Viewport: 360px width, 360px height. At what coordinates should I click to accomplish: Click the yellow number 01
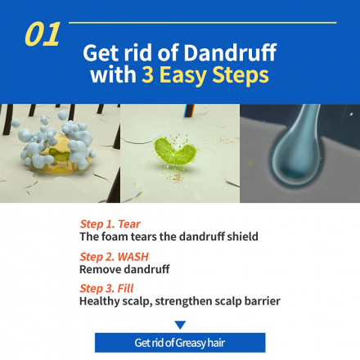43,34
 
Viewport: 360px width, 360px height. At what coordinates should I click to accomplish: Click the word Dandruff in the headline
230,52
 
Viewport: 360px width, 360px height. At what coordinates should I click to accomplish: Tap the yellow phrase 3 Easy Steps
205,74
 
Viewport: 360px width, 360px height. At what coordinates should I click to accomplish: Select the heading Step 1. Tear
110,224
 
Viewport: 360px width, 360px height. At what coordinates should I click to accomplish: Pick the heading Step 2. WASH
115,257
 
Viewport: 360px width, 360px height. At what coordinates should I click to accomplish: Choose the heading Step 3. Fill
106,288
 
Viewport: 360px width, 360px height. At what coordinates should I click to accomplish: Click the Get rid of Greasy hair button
180,343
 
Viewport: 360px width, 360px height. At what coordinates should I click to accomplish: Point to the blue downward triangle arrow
180,325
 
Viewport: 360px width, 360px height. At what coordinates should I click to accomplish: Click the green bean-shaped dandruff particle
174,151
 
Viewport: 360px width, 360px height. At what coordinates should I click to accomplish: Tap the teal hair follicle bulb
297,161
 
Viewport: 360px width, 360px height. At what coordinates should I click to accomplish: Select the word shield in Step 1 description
243,236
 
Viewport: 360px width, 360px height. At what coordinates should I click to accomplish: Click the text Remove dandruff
124,269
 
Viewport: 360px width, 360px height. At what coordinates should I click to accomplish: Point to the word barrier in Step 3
263,301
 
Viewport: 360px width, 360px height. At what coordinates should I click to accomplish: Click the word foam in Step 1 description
115,236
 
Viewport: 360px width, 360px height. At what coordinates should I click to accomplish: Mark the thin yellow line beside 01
203,23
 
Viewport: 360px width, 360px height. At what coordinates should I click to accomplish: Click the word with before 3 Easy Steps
114,74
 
